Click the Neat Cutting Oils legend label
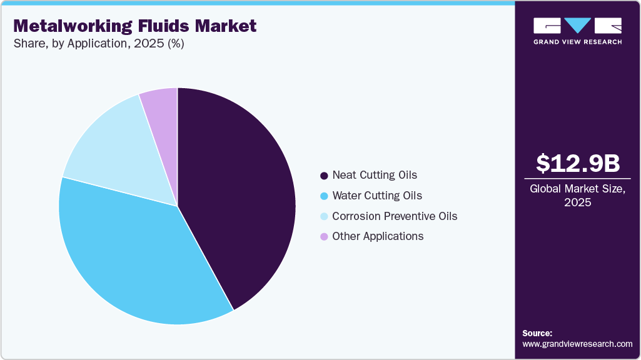375,175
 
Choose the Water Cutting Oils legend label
377,196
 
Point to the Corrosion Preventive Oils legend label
395,216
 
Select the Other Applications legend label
378,236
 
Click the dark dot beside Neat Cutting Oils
324,176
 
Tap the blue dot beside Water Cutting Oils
324,196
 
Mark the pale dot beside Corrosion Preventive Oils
324,217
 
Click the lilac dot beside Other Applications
324,237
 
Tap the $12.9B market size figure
578,163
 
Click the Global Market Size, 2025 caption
578,196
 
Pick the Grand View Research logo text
577,42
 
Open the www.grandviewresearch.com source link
577,344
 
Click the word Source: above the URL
537,333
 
